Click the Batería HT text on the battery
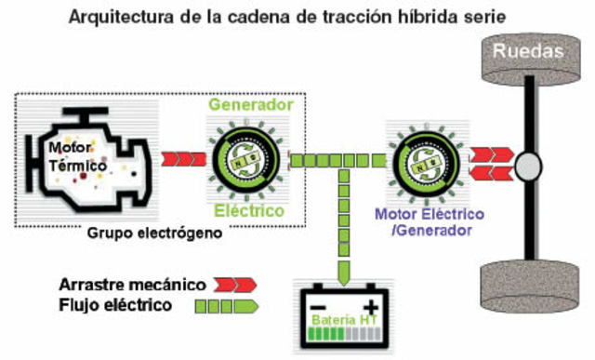(x=343, y=322)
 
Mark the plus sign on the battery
(x=371, y=306)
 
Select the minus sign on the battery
(x=315, y=307)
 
